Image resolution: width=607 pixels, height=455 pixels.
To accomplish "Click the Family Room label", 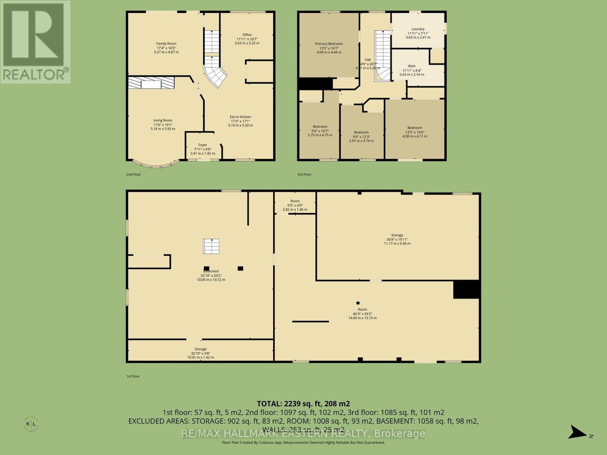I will (x=166, y=44).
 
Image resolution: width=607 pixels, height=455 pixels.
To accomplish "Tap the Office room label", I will (x=247, y=35).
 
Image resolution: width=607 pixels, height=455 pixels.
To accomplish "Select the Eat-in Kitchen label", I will (x=240, y=117).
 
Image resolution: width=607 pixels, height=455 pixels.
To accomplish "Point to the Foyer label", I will (x=203, y=145).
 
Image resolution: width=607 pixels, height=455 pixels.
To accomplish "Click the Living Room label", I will (x=163, y=120).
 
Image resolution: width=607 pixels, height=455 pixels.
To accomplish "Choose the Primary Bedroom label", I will (x=329, y=44).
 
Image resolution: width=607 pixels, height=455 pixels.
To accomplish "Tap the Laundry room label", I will (x=418, y=29).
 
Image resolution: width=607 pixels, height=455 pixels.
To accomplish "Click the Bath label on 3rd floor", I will (x=412, y=66).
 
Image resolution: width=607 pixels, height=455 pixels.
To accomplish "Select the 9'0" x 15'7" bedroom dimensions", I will (x=320, y=131).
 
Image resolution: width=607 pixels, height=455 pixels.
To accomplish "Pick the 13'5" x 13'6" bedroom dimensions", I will (x=415, y=132).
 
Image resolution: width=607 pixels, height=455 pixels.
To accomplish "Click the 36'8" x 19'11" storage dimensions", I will (x=397, y=239).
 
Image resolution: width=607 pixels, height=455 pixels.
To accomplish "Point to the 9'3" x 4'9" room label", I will (x=295, y=201).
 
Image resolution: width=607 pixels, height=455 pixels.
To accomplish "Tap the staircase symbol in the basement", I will (x=211, y=246).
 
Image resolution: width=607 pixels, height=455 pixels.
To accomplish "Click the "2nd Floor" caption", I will (x=134, y=174).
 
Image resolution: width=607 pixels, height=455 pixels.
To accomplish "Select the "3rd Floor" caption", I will (x=304, y=174).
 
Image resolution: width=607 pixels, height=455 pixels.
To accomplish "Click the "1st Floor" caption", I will (x=133, y=377).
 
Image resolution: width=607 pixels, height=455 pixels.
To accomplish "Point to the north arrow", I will (x=579, y=432).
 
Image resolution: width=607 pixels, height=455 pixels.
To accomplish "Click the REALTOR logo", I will (x=35, y=42).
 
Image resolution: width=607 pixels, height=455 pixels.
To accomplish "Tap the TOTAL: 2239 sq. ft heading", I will (x=303, y=403).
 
